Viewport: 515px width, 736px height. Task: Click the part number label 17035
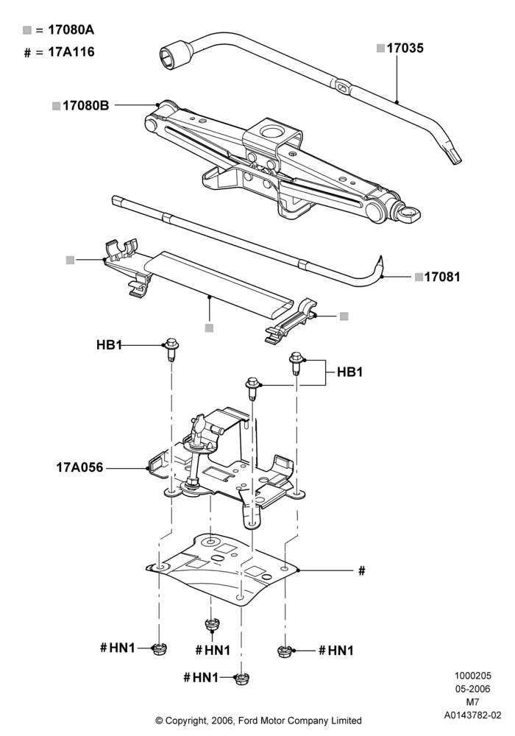tap(405, 49)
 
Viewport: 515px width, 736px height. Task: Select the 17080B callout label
tap(86, 106)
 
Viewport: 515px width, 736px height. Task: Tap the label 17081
tap(442, 277)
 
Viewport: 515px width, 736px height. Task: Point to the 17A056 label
tap(79, 467)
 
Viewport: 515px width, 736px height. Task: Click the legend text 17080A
tap(71, 30)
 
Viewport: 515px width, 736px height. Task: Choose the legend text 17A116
tap(71, 52)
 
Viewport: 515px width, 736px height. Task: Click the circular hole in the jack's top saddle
tap(271, 131)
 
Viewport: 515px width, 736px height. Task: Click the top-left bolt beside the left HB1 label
tap(171, 349)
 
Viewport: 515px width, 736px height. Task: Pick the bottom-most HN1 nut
tap(241, 679)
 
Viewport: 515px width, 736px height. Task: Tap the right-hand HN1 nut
tap(283, 651)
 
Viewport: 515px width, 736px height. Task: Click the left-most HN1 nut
tap(159, 649)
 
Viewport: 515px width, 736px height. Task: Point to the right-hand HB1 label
tap(350, 372)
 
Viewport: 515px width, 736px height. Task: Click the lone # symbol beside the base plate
tap(362, 571)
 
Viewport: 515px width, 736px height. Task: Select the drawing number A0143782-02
tap(473, 715)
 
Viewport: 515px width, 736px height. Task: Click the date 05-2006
tap(473, 689)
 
